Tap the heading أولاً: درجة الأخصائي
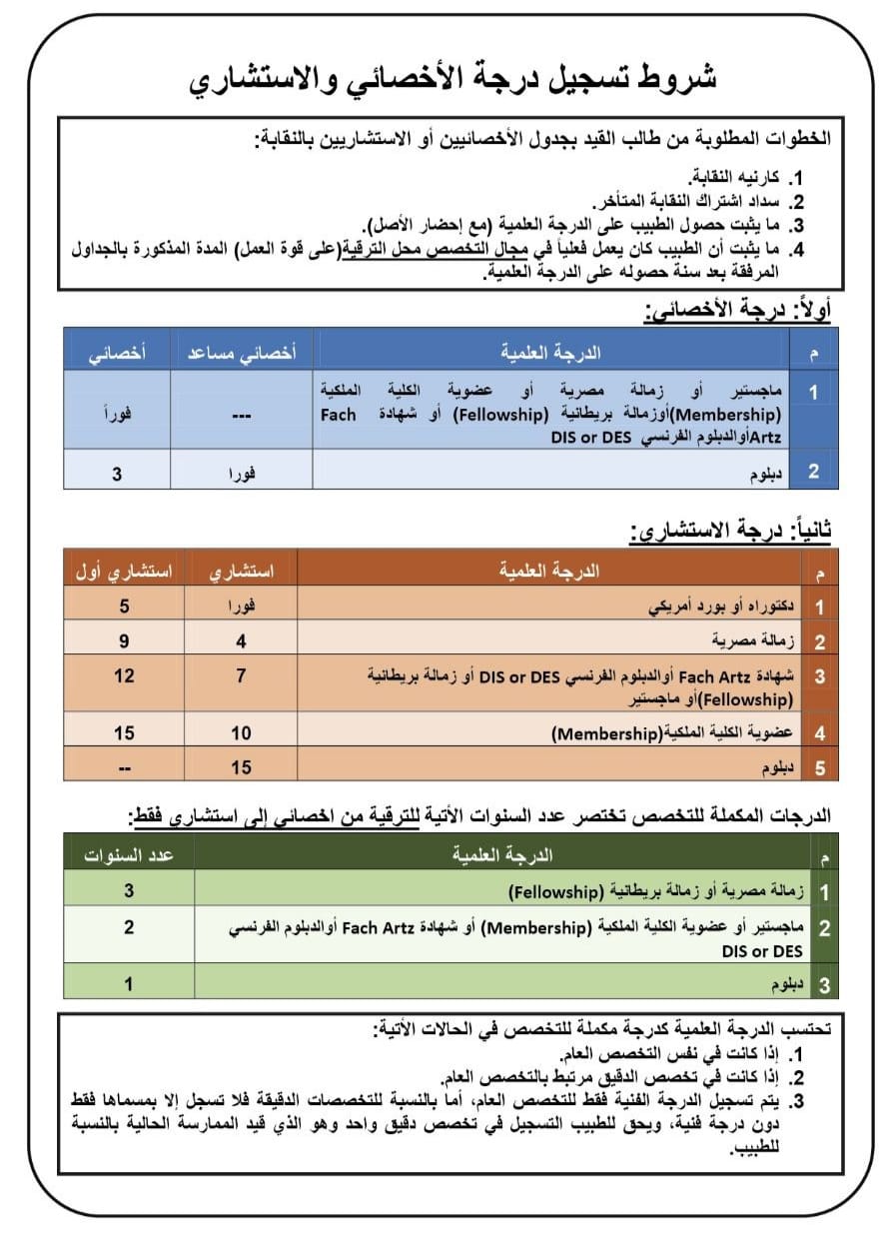737,310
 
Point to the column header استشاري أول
123,572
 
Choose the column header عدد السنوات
129,855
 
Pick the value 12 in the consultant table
124,676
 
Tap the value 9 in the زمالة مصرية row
124,641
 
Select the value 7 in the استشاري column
241,676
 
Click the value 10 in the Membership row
241,733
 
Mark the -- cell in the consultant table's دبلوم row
124,767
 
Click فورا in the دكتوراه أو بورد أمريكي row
241,607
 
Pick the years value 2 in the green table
129,927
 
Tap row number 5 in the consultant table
820,767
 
